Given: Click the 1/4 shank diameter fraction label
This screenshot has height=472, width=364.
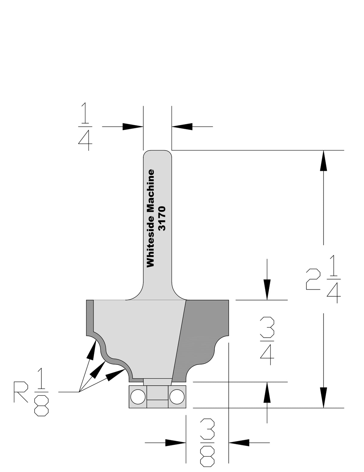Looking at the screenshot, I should pyautogui.click(x=85, y=126).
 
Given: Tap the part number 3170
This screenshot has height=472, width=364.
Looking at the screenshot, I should pyautogui.click(x=162, y=218).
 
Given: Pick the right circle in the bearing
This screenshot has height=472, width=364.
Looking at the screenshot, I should pyautogui.click(x=177, y=397).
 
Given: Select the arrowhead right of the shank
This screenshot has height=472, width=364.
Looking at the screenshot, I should pyautogui.click(x=182, y=126).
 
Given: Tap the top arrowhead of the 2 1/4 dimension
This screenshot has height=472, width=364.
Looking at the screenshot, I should pyautogui.click(x=323, y=160).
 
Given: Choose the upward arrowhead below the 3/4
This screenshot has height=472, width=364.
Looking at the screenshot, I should pyautogui.click(x=267, y=392).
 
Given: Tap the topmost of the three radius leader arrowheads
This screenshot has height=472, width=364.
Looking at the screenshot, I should pyautogui.click(x=91, y=350).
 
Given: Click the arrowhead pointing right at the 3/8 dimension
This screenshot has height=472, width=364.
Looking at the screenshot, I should pyautogui.click(x=175, y=442).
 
